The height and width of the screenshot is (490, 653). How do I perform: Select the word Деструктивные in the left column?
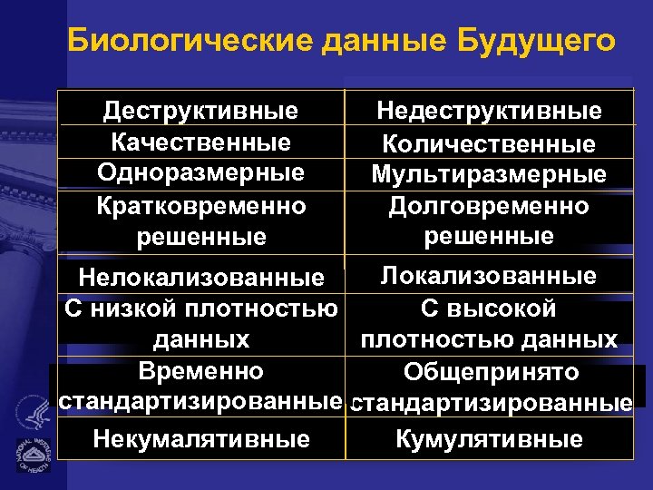(x=200, y=112)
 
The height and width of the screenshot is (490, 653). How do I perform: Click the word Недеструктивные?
(x=489, y=112)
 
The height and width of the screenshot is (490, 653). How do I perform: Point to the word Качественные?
(x=200, y=142)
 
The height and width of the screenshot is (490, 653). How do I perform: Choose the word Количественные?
(x=489, y=144)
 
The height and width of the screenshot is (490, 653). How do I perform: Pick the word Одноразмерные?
(x=200, y=172)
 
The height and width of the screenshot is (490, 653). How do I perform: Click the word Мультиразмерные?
(x=489, y=174)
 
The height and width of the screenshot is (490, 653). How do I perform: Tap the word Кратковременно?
(x=200, y=205)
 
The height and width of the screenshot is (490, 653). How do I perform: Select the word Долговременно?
(x=489, y=206)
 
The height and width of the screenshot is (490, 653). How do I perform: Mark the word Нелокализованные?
(x=201, y=277)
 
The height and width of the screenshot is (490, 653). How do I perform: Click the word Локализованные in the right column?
(x=489, y=276)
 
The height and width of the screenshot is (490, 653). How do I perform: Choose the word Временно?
(x=200, y=371)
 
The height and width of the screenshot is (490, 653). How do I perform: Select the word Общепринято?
(x=491, y=373)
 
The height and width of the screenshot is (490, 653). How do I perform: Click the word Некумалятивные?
(x=200, y=440)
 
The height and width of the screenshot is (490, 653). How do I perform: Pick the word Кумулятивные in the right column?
(x=489, y=440)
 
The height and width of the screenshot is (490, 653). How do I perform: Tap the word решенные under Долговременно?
(x=489, y=237)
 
